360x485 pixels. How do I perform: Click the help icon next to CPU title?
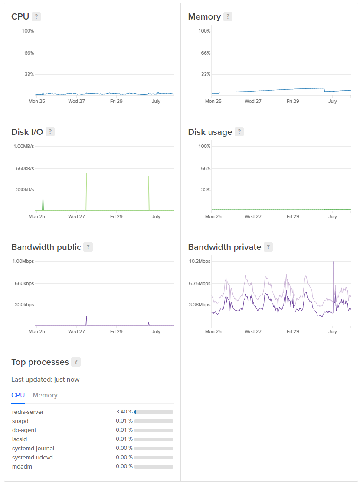(36, 17)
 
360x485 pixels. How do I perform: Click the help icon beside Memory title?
(228, 17)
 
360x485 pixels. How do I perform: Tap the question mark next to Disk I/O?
(50, 132)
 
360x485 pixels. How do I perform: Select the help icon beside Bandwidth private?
(268, 247)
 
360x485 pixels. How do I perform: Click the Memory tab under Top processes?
(45, 395)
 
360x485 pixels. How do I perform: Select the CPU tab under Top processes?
(18, 395)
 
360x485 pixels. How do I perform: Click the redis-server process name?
(28, 412)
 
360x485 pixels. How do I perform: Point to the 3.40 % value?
(124, 412)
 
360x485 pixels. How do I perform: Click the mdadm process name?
(22, 466)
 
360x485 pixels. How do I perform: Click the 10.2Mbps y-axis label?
(200, 261)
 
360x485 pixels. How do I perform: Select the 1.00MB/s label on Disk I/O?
(23, 146)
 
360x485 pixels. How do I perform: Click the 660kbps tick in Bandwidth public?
(24, 283)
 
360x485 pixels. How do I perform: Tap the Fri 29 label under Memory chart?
(293, 101)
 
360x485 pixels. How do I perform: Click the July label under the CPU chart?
(156, 101)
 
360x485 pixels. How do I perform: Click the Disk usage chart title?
(210, 132)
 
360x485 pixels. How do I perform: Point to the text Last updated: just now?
(45, 380)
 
